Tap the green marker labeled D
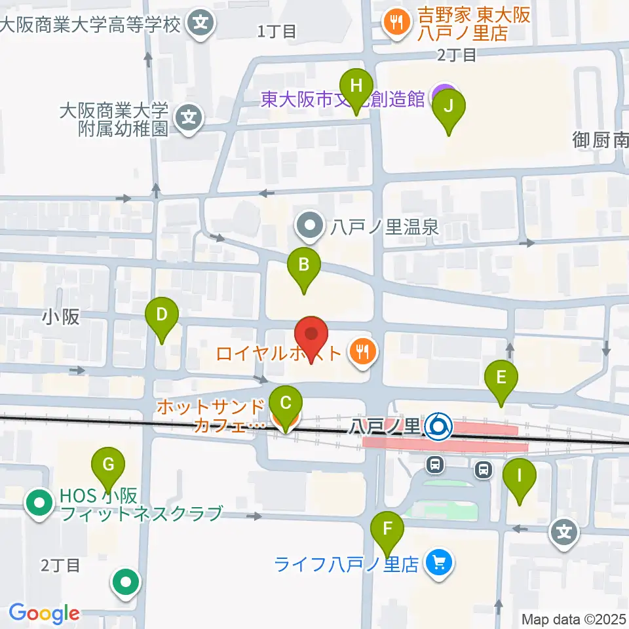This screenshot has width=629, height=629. click(x=162, y=318)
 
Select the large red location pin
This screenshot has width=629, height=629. click(x=311, y=335)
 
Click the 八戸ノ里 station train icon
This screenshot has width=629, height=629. click(x=437, y=428)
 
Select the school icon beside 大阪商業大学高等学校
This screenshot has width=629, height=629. click(x=199, y=25)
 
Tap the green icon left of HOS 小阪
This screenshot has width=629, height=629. click(x=39, y=504)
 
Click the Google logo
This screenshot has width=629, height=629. click(x=45, y=614)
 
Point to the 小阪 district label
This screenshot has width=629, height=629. click(x=61, y=317)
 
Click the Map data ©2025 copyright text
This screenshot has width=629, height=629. click(x=574, y=619)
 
